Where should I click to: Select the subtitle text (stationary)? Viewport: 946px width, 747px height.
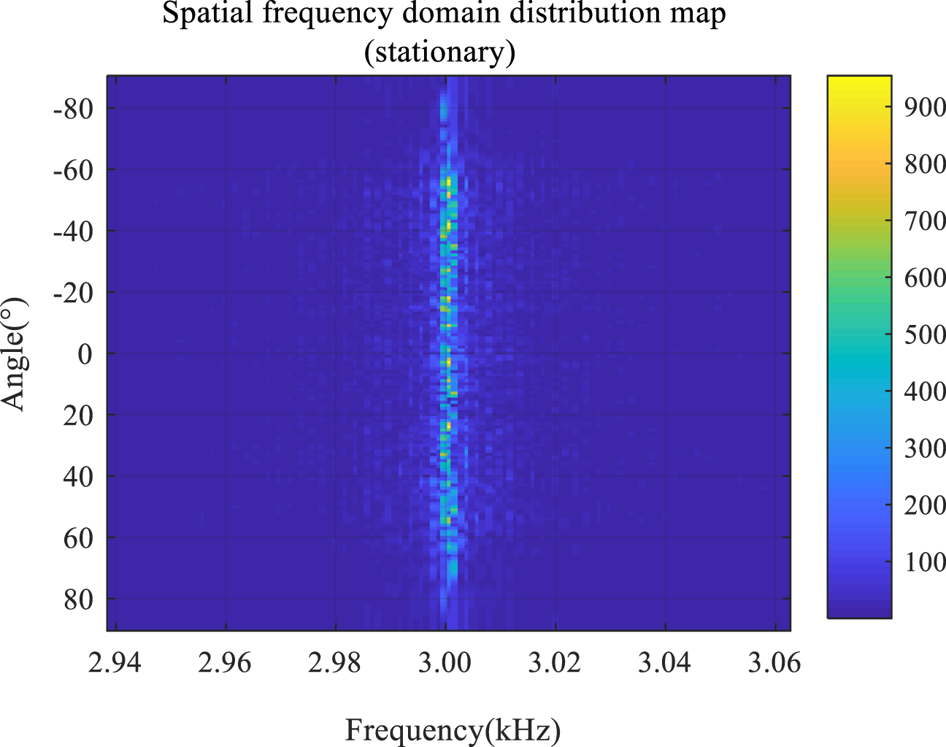pyautogui.click(x=440, y=52)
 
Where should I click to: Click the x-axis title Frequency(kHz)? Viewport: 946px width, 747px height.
pyautogui.click(x=453, y=729)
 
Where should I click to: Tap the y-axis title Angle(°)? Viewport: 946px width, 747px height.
pyautogui.click(x=15, y=353)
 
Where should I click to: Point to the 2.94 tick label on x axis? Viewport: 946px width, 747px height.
pyautogui.click(x=115, y=662)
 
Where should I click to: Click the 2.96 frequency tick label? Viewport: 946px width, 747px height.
pyautogui.click(x=226, y=662)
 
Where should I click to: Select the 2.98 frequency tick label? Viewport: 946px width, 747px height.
pyautogui.click(x=336, y=662)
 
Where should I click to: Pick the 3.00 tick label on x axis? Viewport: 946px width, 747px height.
pyautogui.click(x=445, y=662)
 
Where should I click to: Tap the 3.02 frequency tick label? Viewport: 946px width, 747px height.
pyautogui.click(x=555, y=662)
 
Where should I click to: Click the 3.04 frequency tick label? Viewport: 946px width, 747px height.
pyautogui.click(x=665, y=662)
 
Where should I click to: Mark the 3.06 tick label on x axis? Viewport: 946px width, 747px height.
pyautogui.click(x=774, y=662)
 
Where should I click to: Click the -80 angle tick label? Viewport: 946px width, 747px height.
pyautogui.click(x=73, y=109)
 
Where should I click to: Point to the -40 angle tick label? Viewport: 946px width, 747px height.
pyautogui.click(x=73, y=231)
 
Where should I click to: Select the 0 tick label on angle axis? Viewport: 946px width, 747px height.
pyautogui.click(x=85, y=354)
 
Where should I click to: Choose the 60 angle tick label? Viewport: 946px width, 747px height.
pyautogui.click(x=78, y=538)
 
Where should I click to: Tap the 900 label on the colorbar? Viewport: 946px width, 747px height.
pyautogui.click(x=924, y=107)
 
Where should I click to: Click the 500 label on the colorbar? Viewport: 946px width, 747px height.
pyautogui.click(x=924, y=334)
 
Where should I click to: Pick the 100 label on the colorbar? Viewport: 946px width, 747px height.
pyautogui.click(x=924, y=562)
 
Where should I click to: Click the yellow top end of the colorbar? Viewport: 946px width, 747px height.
pyautogui.click(x=859, y=80)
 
